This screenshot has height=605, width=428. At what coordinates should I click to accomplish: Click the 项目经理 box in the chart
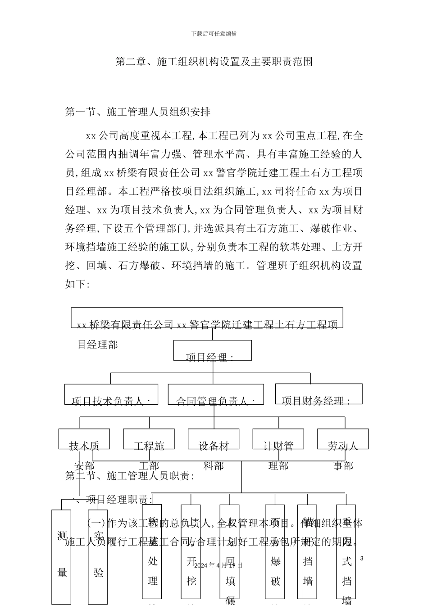pos(212,351)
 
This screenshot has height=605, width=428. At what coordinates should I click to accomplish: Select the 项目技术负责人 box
pos(111,394)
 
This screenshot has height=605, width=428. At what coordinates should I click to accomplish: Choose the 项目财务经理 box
pos(319,394)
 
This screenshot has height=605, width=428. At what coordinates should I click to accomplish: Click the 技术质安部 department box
pos(84,439)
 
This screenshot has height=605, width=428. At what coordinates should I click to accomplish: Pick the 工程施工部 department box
pos(149,439)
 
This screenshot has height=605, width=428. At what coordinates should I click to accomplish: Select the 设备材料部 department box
pos(214,439)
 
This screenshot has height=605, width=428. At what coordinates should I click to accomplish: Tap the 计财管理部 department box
pos(278,439)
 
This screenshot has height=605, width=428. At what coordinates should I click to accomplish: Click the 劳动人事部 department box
pos(343,439)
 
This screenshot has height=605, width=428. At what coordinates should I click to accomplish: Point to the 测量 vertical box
pos(61,556)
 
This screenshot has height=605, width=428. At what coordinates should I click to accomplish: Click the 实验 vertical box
pos(98,556)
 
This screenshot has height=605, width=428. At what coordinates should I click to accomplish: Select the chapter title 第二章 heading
pos(214,62)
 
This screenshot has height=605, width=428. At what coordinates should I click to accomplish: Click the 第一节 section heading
pos(138,112)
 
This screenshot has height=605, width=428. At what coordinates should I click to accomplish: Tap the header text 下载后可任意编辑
pos(214,34)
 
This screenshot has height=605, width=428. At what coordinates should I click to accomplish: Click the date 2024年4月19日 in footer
pos(219,565)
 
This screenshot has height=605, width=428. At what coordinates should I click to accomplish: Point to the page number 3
pos(361,559)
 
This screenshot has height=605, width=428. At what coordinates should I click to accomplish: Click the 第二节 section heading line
pos(130,476)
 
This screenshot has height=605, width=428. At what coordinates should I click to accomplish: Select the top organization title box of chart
pos(207,318)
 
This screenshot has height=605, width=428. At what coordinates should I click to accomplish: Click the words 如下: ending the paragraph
pos(78,284)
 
